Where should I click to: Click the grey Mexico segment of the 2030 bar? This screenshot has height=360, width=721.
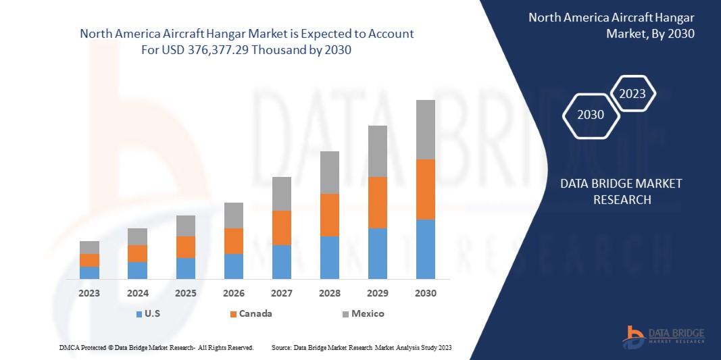tap(426, 130)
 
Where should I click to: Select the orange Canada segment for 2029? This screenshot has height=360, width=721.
tap(378, 203)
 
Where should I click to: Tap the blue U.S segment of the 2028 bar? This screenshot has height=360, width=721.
tap(330, 257)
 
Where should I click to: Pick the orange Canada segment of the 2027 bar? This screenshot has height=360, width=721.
tap(282, 228)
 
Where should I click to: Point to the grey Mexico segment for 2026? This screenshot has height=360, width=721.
tap(234, 215)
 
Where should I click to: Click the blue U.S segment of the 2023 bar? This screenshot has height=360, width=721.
tap(89, 273)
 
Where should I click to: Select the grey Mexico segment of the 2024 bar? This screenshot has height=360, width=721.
tap(138, 236)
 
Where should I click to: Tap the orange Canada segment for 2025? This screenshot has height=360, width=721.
tap(186, 247)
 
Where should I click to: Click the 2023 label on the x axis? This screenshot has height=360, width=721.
tap(89, 293)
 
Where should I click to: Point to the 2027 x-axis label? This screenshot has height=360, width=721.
tap(282, 293)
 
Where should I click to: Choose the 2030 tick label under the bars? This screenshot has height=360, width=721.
tap(426, 293)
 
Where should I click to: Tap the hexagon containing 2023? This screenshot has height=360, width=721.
tap(632, 94)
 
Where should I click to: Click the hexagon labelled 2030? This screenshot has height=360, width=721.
tap(591, 115)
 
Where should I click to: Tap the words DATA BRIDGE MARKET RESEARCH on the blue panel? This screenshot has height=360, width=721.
tap(622, 191)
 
